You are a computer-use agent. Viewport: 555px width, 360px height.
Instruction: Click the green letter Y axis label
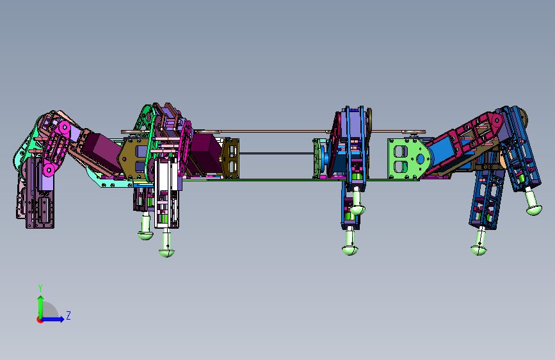[40, 288]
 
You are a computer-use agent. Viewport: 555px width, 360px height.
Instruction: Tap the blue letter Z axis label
[68, 315]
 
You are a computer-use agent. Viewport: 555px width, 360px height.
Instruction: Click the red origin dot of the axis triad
[39, 320]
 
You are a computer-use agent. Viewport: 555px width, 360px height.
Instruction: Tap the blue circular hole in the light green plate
[420, 159]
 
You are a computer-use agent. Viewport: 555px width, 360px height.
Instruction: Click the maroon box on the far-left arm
[102, 152]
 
